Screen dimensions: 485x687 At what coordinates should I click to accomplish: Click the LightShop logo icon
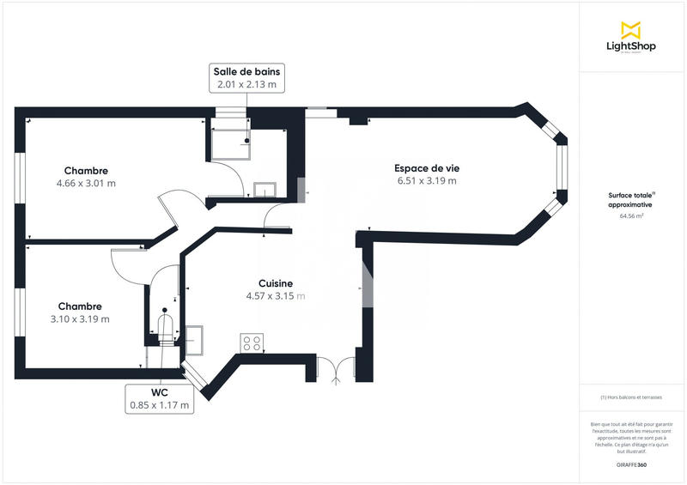[x=631, y=30]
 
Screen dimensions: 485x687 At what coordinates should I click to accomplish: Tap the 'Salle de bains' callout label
[x=246, y=77]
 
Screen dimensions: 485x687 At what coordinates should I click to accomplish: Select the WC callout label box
[x=159, y=397]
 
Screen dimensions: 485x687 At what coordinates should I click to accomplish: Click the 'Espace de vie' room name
[x=426, y=168]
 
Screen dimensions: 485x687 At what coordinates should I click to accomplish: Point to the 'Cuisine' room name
[x=276, y=283]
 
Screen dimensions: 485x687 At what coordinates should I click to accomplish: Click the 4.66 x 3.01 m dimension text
[x=86, y=184]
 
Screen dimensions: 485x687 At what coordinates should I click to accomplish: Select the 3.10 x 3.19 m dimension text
[x=80, y=319]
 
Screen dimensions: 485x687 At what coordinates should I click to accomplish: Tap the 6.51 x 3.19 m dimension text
[x=426, y=181]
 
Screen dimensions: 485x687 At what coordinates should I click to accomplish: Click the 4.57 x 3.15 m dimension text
[x=276, y=296]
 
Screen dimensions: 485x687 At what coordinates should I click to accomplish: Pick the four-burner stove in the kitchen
[x=252, y=343]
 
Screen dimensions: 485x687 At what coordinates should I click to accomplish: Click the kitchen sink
[x=193, y=338]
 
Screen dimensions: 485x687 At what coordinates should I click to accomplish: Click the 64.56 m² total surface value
[x=631, y=216]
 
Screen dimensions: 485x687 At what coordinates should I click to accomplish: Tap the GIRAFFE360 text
[x=631, y=464]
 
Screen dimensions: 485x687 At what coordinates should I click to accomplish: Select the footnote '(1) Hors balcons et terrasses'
[x=631, y=397]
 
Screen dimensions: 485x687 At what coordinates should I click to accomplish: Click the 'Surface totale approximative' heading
[x=631, y=200]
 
